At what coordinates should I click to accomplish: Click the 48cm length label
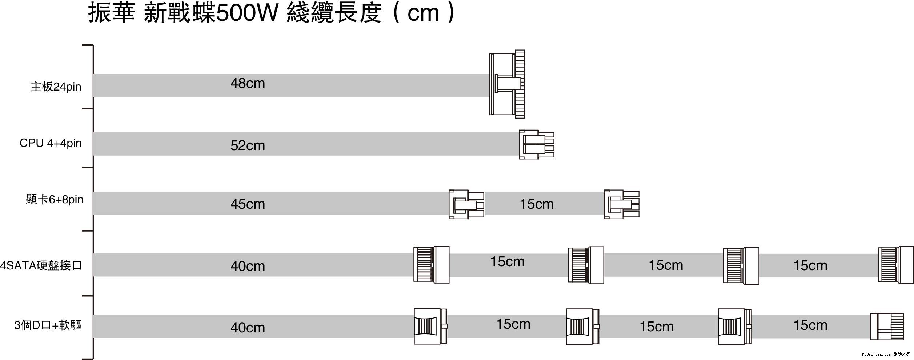(x=248, y=84)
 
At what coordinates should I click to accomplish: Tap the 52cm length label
(x=248, y=146)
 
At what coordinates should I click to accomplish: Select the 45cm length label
(x=248, y=204)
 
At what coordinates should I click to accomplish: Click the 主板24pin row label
(x=56, y=87)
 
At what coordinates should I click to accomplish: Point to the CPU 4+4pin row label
(x=51, y=143)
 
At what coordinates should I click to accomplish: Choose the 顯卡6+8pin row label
(x=55, y=200)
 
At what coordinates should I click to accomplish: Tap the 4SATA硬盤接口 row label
(x=41, y=265)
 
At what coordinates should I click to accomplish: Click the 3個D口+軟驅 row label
(x=48, y=325)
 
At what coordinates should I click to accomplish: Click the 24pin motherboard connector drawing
(x=507, y=84)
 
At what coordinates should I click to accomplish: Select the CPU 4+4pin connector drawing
(x=536, y=144)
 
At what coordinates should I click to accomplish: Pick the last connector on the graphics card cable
(x=621, y=204)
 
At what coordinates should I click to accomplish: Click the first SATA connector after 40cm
(x=431, y=264)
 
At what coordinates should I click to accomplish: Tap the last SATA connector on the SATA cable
(x=895, y=265)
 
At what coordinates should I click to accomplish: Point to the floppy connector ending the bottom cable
(x=886, y=327)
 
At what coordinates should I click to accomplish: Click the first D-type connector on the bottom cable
(x=430, y=326)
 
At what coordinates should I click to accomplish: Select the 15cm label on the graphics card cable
(x=536, y=204)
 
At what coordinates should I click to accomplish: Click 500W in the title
(x=247, y=13)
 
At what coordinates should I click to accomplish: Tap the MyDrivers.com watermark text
(x=876, y=354)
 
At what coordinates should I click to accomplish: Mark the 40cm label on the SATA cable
(x=248, y=266)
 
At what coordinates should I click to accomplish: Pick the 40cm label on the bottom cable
(x=248, y=328)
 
